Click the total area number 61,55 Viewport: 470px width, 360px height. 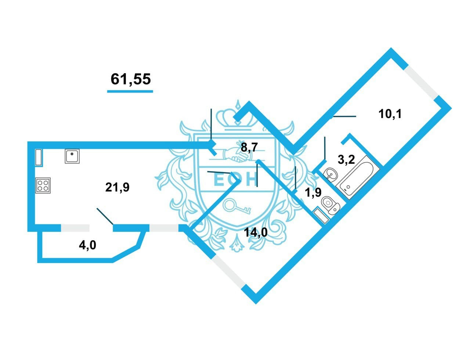click(131, 79)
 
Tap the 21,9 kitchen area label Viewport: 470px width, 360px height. click(117, 187)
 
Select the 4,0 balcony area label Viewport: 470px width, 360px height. click(87, 245)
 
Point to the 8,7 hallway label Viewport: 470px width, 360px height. click(250, 148)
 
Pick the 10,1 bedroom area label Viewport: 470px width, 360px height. click(390, 114)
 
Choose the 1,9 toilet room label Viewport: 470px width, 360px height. click(314, 192)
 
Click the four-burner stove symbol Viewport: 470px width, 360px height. click(43, 185)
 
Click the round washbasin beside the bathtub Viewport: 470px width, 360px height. click(331, 174)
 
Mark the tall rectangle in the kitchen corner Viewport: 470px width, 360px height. click(39, 157)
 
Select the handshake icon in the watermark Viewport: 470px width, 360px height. click(235, 155)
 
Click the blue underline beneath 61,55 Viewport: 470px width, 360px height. click(130, 90)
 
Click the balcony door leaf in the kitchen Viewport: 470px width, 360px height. click(105, 216)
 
